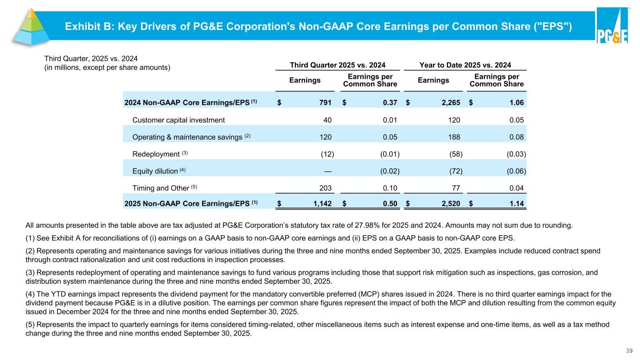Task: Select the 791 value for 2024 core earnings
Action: tap(325, 102)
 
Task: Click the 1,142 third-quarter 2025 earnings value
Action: tap(321, 203)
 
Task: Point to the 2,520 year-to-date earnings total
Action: tap(449, 203)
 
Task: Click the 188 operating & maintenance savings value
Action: tap(453, 137)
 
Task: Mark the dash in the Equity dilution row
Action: tap(328, 171)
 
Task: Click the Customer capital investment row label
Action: tap(179, 120)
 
